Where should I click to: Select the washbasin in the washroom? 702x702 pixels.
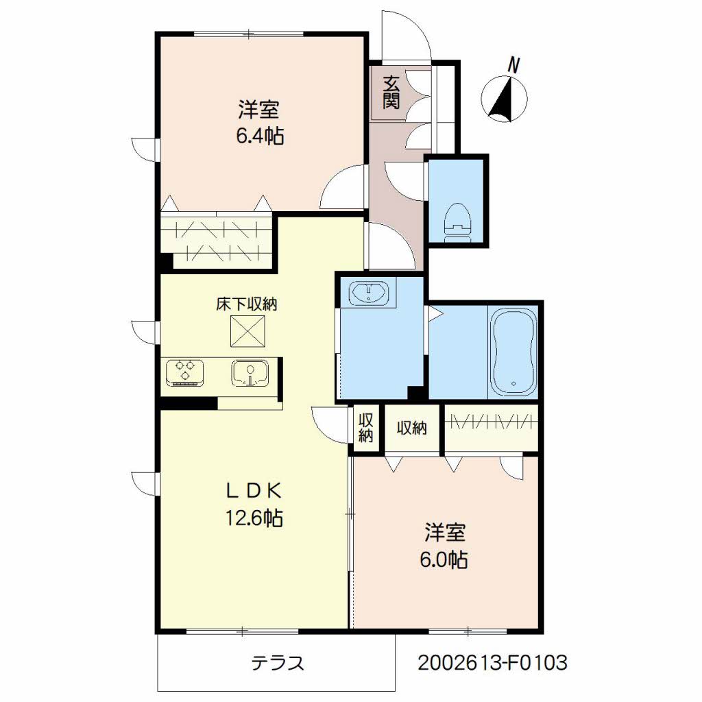368,292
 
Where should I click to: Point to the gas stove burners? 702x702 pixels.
185,372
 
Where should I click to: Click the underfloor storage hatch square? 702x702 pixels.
247,331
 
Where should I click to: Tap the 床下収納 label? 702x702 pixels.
247,304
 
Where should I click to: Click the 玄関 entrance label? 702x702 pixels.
391,93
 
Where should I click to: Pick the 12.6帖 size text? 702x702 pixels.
254,518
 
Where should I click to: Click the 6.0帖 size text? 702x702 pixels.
444,559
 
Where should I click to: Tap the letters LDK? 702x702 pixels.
254,492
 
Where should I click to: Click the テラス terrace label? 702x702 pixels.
278,662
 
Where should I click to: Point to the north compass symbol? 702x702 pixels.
504,99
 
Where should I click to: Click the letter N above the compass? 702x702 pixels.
513,65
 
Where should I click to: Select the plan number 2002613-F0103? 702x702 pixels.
492,662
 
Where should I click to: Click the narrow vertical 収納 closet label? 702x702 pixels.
366,428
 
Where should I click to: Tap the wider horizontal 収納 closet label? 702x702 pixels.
412,428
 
